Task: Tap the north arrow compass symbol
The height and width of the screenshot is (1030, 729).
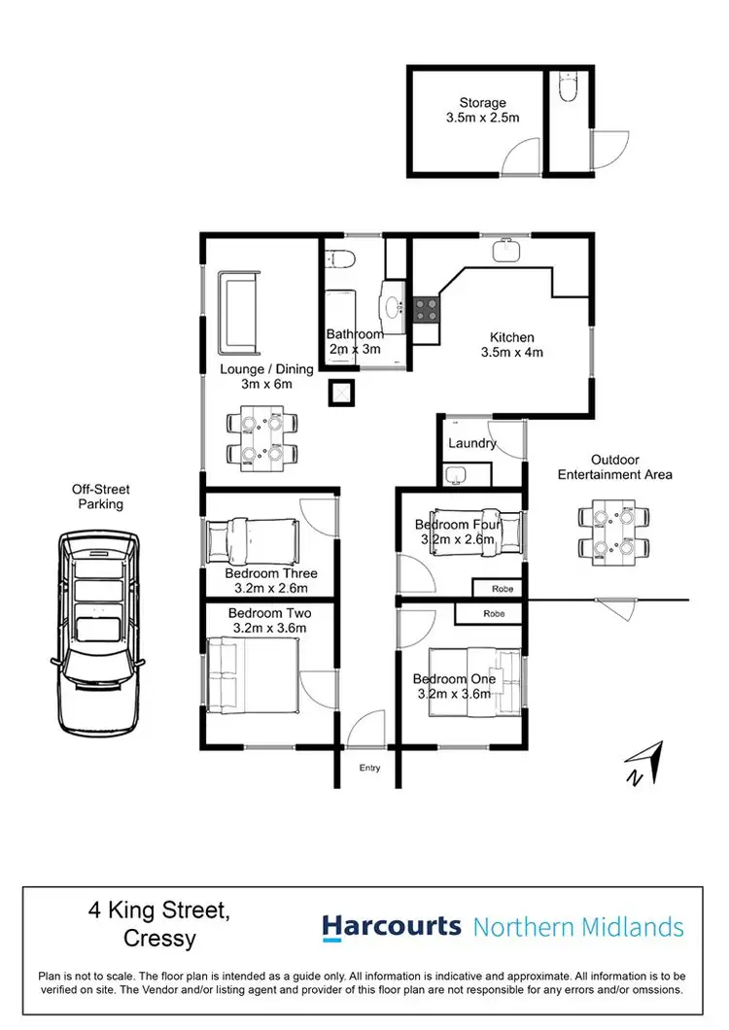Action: (644, 763)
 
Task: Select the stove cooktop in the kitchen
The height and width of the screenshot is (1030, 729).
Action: (426, 309)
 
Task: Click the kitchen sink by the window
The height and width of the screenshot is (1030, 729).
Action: (505, 252)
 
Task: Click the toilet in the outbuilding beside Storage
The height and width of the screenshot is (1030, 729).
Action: (570, 90)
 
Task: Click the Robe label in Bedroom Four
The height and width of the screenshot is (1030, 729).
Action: (503, 589)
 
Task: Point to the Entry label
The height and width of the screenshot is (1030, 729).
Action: (370, 768)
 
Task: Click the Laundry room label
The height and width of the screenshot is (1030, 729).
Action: (472, 443)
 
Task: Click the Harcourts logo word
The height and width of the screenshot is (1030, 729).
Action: (392, 926)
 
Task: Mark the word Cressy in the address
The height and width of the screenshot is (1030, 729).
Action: (160, 940)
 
